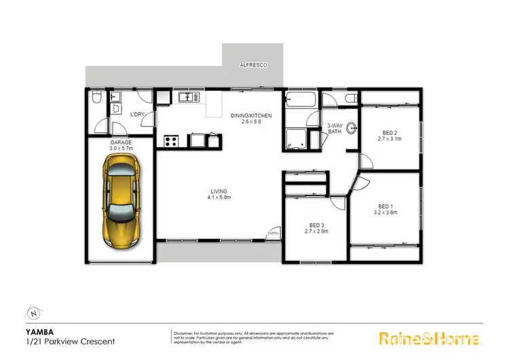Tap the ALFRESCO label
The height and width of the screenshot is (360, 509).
pyautogui.click(x=252, y=65)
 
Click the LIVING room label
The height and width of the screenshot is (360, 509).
pyautogui.click(x=218, y=194)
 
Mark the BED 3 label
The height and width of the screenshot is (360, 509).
pyautogui.click(x=316, y=228)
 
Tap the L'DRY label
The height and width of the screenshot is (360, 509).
pyautogui.click(x=136, y=115)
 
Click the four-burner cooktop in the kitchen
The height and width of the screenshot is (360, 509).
pyautogui.click(x=171, y=141)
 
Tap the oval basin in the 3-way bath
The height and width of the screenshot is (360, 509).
pyautogui.click(x=352, y=127)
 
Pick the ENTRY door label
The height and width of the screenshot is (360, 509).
pyautogui.click(x=273, y=234)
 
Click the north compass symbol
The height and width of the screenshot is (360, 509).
pyautogui.click(x=33, y=313)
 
